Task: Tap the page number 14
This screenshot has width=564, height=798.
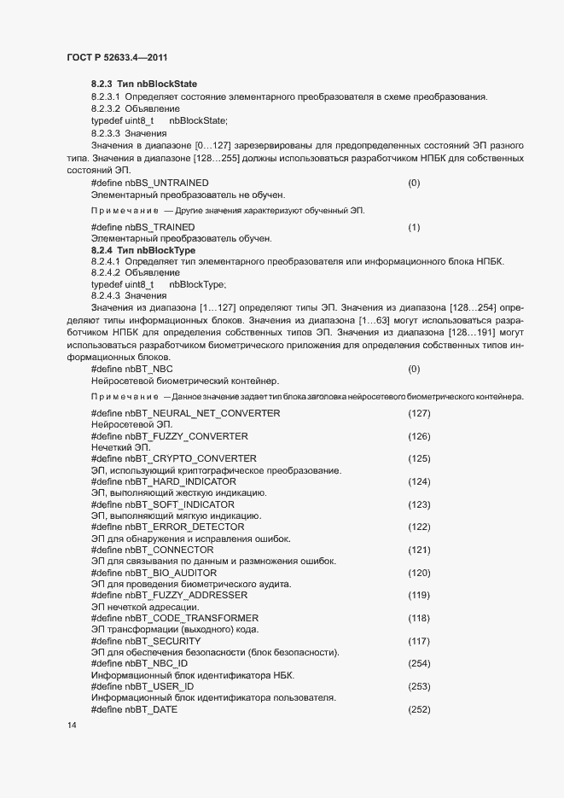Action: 71,725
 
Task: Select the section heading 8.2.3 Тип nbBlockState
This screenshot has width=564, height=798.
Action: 143,84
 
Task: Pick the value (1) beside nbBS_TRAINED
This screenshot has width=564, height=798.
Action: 414,228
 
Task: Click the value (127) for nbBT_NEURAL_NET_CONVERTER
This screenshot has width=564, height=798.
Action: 419,413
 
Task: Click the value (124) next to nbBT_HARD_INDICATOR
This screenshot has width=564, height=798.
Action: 419,481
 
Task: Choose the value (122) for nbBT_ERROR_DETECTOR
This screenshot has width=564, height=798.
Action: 419,527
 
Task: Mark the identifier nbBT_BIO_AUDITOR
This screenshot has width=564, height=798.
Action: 170,573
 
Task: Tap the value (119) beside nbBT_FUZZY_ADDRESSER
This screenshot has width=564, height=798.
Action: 419,595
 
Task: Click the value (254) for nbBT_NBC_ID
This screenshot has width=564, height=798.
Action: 419,663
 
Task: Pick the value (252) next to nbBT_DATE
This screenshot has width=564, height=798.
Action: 419,709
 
